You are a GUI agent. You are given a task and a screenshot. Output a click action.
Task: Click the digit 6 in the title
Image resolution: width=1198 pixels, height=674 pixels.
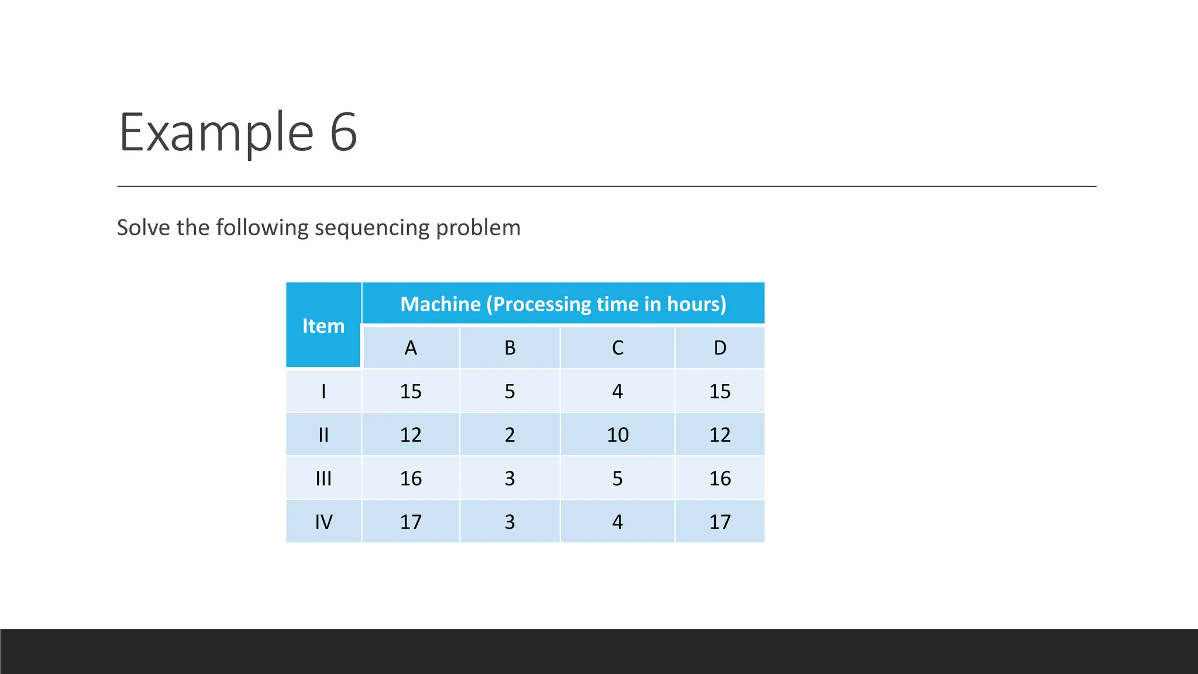[x=343, y=132]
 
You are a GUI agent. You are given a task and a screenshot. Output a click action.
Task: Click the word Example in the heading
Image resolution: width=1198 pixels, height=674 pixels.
[x=216, y=133]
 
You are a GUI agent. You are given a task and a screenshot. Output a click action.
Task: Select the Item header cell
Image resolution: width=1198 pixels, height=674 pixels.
[x=323, y=326]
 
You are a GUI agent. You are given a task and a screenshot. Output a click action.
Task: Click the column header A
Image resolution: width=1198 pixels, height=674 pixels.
[x=411, y=348]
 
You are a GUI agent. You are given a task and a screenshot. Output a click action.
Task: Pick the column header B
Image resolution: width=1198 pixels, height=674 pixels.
[x=510, y=348]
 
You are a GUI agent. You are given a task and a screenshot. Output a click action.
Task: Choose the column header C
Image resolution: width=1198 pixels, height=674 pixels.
[x=618, y=348]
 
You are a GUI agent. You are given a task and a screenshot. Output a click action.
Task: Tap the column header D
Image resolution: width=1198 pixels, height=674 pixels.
[x=720, y=348]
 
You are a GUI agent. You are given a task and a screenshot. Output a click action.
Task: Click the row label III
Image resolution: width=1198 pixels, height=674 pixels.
[x=323, y=479]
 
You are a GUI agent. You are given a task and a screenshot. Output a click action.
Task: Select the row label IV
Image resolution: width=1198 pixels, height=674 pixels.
[x=323, y=522]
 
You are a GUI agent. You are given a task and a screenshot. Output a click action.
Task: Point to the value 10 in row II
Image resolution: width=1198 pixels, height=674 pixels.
[x=618, y=435]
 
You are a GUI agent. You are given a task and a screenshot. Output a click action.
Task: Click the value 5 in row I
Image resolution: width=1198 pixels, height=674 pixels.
[x=510, y=391]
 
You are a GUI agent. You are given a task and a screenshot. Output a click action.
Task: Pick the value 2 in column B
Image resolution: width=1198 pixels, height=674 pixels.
[x=510, y=435]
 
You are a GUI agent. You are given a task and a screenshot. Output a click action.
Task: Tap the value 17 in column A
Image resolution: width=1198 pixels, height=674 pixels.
[x=411, y=522]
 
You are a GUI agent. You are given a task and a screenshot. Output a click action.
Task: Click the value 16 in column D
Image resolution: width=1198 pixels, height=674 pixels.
[x=720, y=479]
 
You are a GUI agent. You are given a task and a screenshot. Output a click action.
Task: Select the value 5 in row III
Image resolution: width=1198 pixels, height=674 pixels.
[x=618, y=479]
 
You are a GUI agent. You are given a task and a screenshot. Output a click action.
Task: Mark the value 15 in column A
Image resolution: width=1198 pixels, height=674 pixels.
[x=411, y=391]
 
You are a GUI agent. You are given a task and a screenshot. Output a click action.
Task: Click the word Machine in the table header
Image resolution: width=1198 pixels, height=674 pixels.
[x=440, y=304]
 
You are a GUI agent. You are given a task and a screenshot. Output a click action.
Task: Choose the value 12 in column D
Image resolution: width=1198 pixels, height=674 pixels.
[x=720, y=435]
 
